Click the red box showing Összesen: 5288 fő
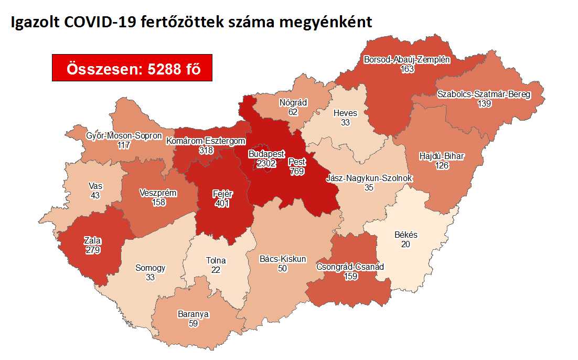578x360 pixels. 132,68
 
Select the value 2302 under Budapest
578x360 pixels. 266,164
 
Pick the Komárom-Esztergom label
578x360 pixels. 206,141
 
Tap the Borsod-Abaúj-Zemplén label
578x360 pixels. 407,60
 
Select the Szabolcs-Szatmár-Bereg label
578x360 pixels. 484,95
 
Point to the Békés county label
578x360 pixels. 405,236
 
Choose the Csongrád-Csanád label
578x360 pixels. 350,267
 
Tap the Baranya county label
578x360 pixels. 193,314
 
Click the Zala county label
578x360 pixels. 92,241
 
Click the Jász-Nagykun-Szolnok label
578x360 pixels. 369,178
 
